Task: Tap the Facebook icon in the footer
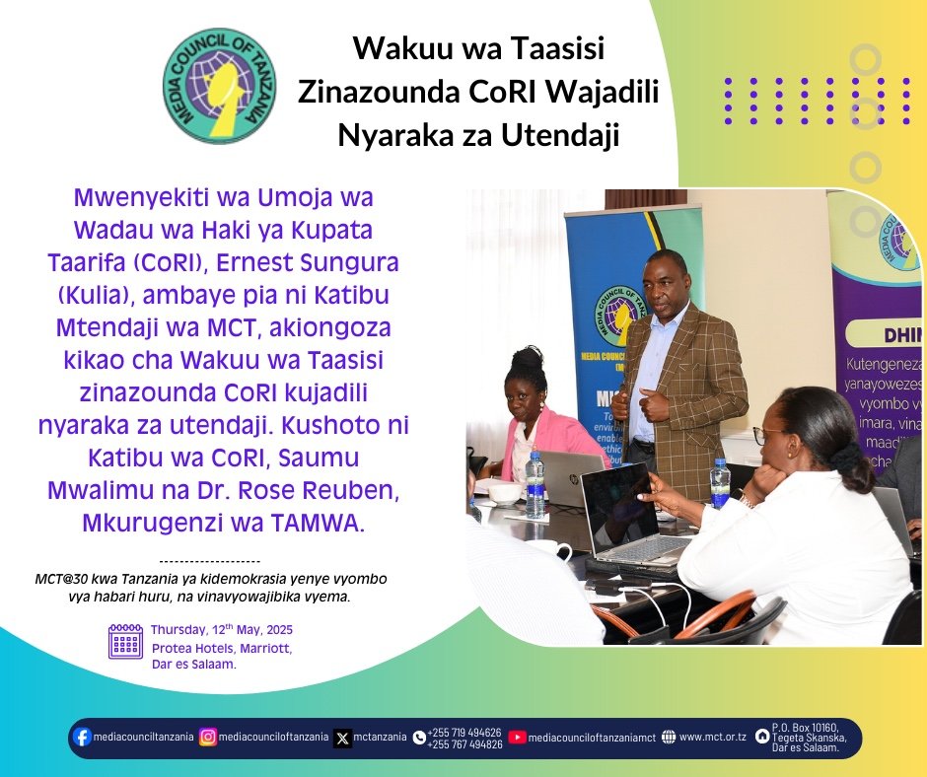[82, 737]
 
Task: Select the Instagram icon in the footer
[208, 737]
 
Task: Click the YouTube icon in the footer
[517, 737]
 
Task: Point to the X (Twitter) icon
[342, 738]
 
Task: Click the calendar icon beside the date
[125, 641]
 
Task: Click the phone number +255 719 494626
[463, 733]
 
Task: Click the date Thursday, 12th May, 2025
[222, 630]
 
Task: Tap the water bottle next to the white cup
[535, 485]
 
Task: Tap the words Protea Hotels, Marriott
[222, 648]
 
